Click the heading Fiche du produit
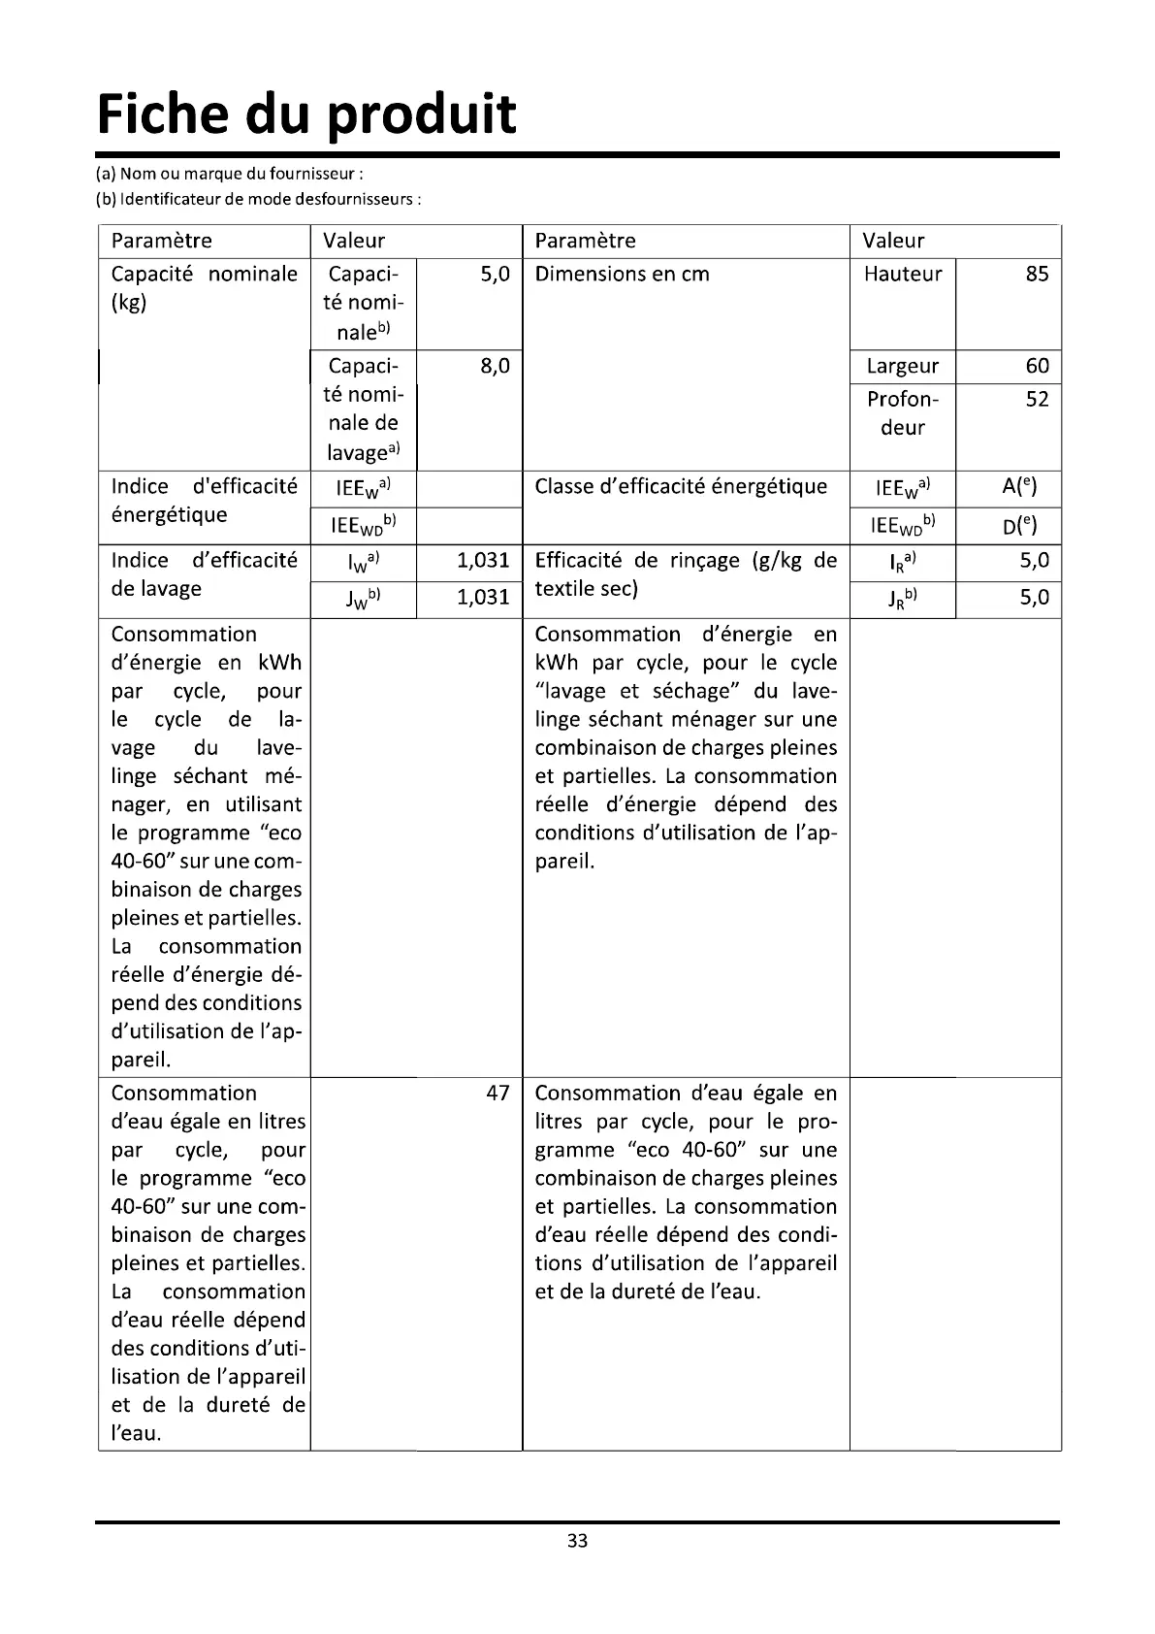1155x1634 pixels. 306,115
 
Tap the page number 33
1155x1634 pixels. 578,1541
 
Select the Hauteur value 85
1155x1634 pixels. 1037,275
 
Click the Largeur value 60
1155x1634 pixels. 1037,367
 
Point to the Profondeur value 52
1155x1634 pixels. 1037,400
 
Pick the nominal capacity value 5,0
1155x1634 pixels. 495,275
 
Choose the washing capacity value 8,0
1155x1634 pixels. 495,367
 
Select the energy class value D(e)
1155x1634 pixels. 1019,526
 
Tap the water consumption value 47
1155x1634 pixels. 497,1094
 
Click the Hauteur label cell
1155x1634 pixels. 903,275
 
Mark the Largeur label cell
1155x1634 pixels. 903,367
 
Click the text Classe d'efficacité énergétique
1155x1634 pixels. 681,487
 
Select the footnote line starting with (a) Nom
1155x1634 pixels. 229,175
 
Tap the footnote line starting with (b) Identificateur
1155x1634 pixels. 258,200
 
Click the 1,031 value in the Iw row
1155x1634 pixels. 483,561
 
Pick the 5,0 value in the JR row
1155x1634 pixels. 1034,598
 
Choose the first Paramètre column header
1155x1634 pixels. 162,242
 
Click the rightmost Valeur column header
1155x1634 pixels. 894,242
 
